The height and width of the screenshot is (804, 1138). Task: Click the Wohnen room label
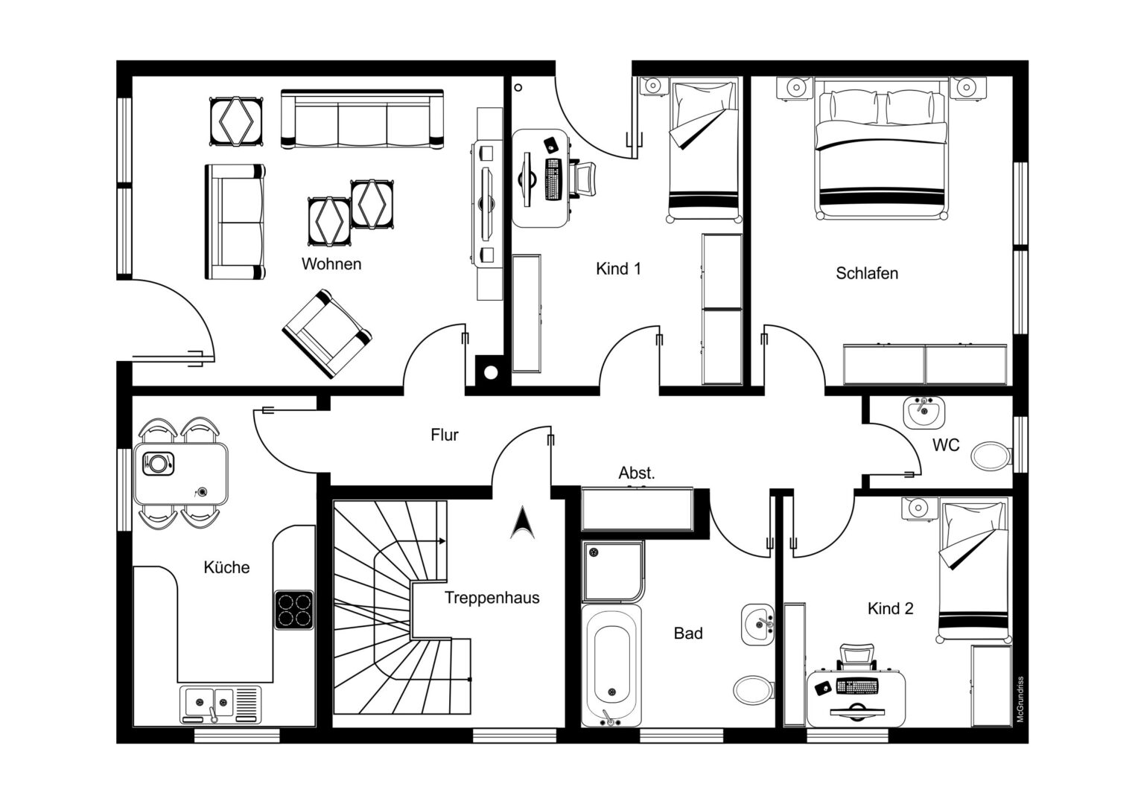pos(331,264)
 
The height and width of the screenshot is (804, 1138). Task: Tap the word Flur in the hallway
pos(445,435)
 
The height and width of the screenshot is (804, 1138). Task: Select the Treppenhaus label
pos(492,598)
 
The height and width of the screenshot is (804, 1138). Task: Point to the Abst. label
pos(637,473)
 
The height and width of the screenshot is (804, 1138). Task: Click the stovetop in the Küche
pos(293,610)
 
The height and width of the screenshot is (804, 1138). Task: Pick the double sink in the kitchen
pos(220,704)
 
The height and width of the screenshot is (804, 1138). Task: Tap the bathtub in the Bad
pos(611,666)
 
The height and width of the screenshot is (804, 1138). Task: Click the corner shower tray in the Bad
pos(614,572)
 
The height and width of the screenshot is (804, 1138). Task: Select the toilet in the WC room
pos(991,456)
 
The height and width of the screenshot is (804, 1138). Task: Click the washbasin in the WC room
pos(924,412)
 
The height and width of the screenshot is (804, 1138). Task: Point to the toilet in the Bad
pos(754,689)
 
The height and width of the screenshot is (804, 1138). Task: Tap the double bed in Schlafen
pos(881,148)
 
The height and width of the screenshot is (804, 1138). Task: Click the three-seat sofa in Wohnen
pos(362,119)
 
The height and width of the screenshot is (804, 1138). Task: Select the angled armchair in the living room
pos(327,334)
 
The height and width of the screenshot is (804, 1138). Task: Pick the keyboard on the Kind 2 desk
pos(856,686)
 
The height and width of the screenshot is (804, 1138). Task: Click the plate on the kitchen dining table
pos(159,463)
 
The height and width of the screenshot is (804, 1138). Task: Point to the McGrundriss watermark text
pos(1020,699)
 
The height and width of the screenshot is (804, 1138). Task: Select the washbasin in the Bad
pos(758,624)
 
